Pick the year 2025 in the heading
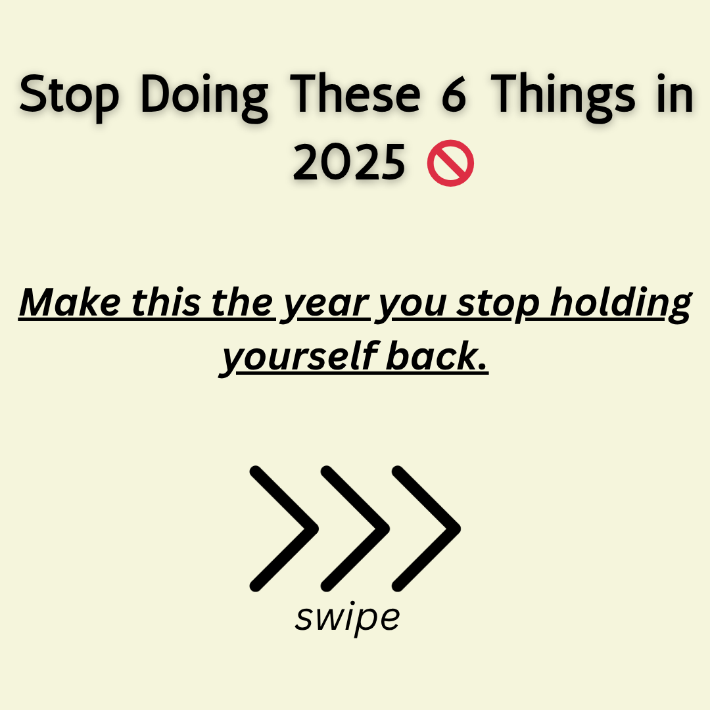coord(349,162)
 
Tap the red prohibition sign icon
coord(450,162)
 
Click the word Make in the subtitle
coord(70,302)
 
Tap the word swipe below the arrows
coord(348,618)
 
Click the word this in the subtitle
coord(166,302)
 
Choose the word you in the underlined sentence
coord(413,306)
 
